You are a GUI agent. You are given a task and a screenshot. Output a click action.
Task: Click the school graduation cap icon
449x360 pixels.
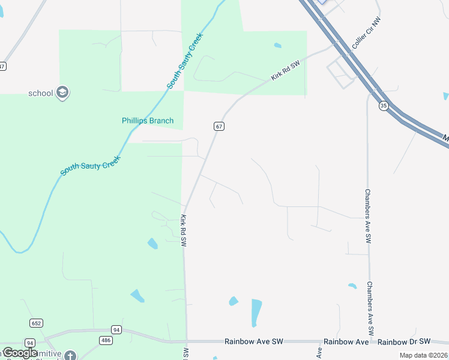[63, 93]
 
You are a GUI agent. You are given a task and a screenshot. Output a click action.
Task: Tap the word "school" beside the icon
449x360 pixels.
[41, 93]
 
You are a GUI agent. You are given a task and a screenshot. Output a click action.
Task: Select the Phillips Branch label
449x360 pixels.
[148, 121]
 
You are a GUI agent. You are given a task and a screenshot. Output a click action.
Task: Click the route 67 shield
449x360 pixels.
[219, 126]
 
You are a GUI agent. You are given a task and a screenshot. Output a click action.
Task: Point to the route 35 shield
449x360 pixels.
[384, 106]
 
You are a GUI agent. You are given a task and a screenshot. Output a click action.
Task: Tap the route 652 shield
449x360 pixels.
[36, 323]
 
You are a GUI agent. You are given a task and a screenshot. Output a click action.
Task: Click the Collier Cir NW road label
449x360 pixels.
[367, 34]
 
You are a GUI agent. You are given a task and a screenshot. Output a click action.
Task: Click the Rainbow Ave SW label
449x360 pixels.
[253, 341]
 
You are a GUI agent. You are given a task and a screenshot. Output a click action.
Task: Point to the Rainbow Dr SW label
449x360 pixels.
[405, 341]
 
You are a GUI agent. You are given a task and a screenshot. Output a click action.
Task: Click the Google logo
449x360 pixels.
[20, 353]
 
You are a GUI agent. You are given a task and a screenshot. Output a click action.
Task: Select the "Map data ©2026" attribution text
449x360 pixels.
[423, 355]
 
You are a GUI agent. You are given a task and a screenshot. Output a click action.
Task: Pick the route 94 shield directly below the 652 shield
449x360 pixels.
[30, 343]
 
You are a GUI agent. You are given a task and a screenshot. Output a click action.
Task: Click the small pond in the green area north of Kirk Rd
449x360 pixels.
[277, 45]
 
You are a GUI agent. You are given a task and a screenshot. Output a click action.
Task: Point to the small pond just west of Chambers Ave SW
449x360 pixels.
[352, 286]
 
